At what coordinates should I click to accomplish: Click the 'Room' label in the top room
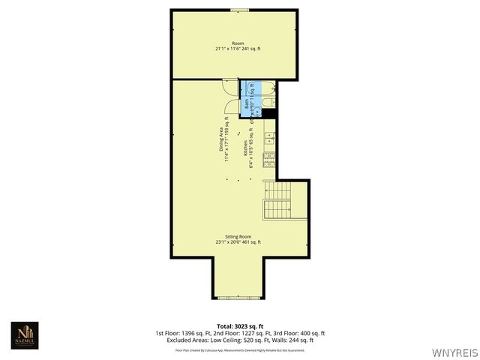point(238,43)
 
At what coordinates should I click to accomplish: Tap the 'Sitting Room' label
point(238,236)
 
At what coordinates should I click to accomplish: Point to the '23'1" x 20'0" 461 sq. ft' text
point(238,242)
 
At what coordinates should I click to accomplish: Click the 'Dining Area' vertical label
point(222,139)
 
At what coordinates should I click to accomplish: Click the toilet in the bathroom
point(269,101)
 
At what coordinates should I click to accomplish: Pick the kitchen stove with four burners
point(269,159)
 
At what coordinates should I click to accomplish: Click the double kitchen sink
point(269,139)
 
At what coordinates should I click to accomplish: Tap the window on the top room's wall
point(239,10)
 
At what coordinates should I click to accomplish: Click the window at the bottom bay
point(239,297)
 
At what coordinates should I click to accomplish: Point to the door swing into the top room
point(231,85)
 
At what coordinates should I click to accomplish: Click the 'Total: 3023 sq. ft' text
point(239,326)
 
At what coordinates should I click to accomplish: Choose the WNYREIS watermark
point(454,351)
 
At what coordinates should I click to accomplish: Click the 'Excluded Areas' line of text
point(239,340)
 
